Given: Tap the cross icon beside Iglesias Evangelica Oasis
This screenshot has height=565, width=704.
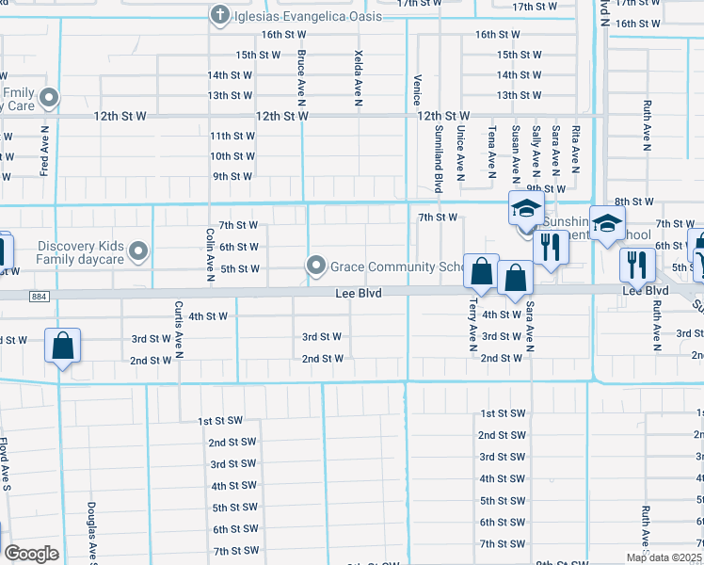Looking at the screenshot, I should pyautogui.click(x=219, y=15).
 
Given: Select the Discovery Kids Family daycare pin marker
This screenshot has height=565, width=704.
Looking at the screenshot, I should pyautogui.click(x=139, y=251).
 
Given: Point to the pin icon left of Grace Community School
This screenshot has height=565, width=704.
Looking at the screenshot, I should pyautogui.click(x=317, y=266).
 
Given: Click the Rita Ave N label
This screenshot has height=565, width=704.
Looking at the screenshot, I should pyautogui.click(x=576, y=152).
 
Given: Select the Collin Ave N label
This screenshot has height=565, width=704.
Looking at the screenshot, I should pyautogui.click(x=210, y=253).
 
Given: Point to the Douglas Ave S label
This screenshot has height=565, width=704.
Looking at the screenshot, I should pyautogui.click(x=93, y=531).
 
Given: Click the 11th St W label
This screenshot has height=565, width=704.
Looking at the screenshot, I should pyautogui.click(x=232, y=136).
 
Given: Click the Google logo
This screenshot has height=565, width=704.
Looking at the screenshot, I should pyautogui.click(x=31, y=554).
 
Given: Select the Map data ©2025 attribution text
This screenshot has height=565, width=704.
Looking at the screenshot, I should pyautogui.click(x=664, y=557).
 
